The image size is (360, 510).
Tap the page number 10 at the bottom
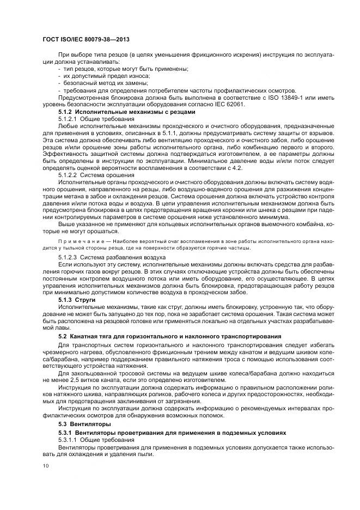45,466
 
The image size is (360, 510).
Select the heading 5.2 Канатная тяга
169,336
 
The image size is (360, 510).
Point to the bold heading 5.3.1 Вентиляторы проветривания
172,432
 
